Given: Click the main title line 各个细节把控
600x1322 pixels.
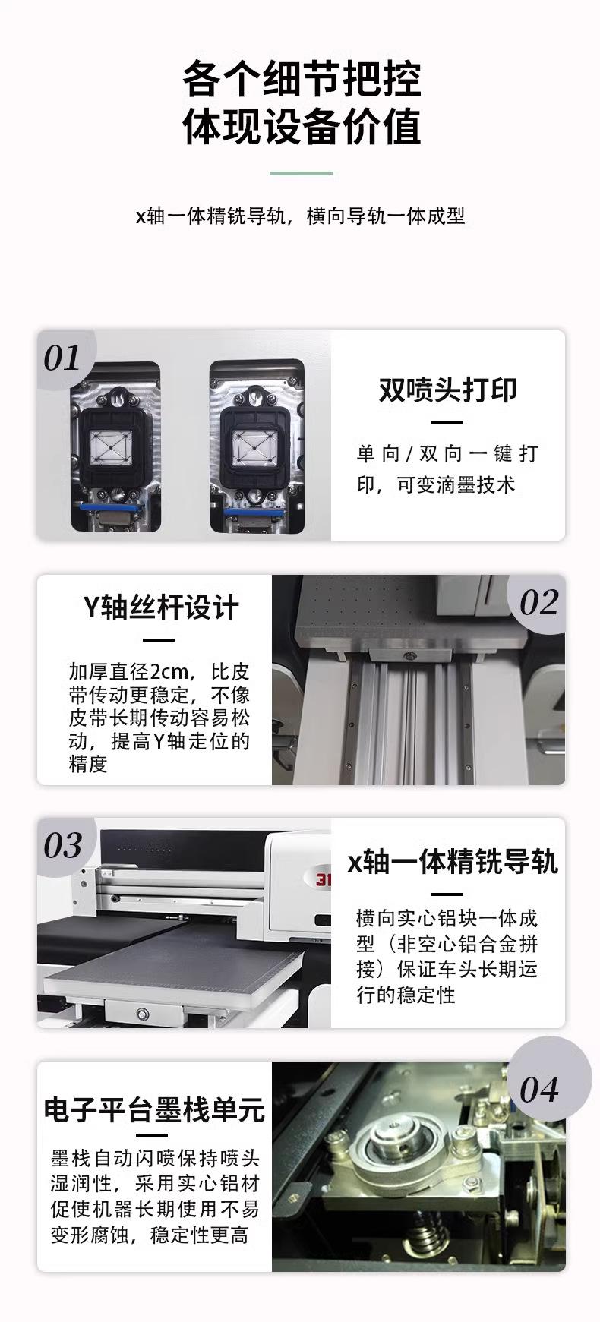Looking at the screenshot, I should (302, 80).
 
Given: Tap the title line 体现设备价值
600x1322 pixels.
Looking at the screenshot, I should (302, 127).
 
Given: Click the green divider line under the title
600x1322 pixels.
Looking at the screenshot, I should (302, 173).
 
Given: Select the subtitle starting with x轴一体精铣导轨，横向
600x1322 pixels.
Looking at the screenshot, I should (300, 216).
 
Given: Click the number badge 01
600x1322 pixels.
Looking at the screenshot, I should (62, 358).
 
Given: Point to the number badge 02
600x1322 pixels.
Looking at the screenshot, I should (538, 603).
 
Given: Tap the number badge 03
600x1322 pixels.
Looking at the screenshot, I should (62, 846).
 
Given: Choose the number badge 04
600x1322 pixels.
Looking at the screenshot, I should (539, 1090).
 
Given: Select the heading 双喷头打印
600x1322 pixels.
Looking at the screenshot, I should (447, 390).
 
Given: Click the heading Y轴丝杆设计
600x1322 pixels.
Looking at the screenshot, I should (160, 607).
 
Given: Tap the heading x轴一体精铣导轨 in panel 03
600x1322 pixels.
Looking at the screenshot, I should (453, 863).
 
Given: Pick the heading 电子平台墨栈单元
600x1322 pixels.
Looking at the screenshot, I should (154, 1109).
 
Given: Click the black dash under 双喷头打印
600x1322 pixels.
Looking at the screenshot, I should (447, 421).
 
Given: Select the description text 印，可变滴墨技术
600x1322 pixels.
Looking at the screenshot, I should (436, 485).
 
